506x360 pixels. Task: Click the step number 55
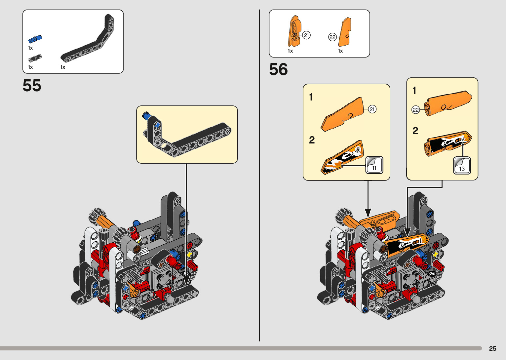[32, 86]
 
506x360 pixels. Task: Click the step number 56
[278, 69]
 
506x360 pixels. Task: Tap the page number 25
[492, 348]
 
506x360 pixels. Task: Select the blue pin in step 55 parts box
[35, 39]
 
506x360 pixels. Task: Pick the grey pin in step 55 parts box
[35, 59]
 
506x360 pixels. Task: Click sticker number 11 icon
[374, 165]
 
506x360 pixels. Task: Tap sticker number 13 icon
[462, 165]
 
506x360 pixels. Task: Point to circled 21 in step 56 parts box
[306, 35]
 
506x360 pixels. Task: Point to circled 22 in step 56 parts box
[332, 37]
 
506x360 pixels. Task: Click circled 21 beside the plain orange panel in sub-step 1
[372, 109]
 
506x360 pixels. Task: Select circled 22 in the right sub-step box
[415, 110]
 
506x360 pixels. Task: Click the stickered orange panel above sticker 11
[343, 158]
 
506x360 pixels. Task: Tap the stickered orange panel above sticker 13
[448, 142]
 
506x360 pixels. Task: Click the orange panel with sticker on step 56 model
[407, 245]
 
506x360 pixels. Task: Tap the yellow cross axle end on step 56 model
[436, 254]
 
